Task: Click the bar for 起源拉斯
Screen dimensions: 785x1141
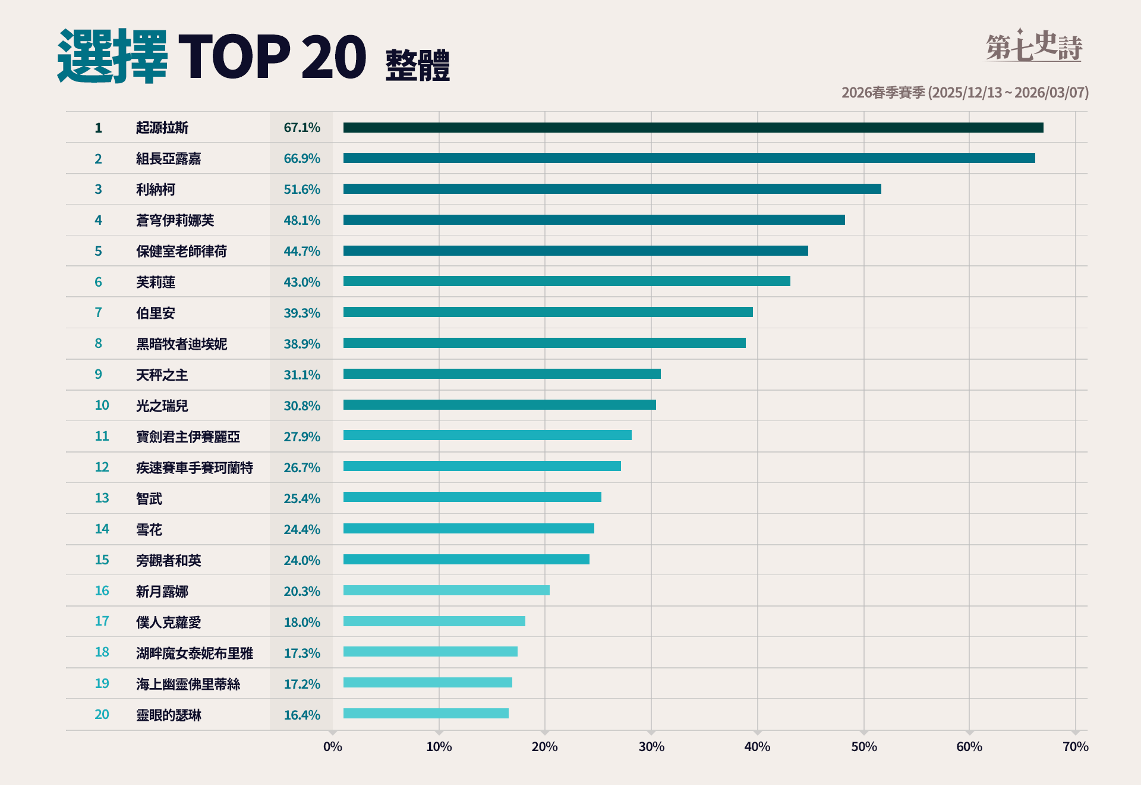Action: click(x=693, y=127)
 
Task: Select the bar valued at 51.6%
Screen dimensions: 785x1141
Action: click(x=612, y=189)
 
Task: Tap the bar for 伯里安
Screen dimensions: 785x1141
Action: click(x=548, y=312)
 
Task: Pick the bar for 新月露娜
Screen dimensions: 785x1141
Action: click(x=446, y=591)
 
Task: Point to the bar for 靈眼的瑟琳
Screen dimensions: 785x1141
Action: click(x=426, y=714)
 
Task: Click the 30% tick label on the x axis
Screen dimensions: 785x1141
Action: click(x=651, y=747)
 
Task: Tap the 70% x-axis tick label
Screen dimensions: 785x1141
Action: click(x=1075, y=747)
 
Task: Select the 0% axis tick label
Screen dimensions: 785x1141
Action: click(x=333, y=747)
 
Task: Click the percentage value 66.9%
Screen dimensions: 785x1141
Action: click(x=302, y=159)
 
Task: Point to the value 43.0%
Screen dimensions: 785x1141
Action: click(x=302, y=282)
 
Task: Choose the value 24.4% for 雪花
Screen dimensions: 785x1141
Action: click(x=302, y=529)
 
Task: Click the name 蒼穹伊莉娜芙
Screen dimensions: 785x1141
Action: click(x=175, y=221)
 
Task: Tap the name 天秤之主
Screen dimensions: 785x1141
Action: click(x=162, y=375)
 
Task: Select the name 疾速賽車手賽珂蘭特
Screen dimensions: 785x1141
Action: click(x=194, y=468)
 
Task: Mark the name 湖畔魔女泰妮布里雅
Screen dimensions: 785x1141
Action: click(x=194, y=654)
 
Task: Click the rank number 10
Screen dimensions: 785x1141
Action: click(x=102, y=406)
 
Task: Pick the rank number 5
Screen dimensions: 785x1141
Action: click(x=98, y=251)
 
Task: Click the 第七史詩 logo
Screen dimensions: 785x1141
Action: click(x=1033, y=46)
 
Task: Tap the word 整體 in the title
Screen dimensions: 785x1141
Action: click(x=418, y=65)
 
